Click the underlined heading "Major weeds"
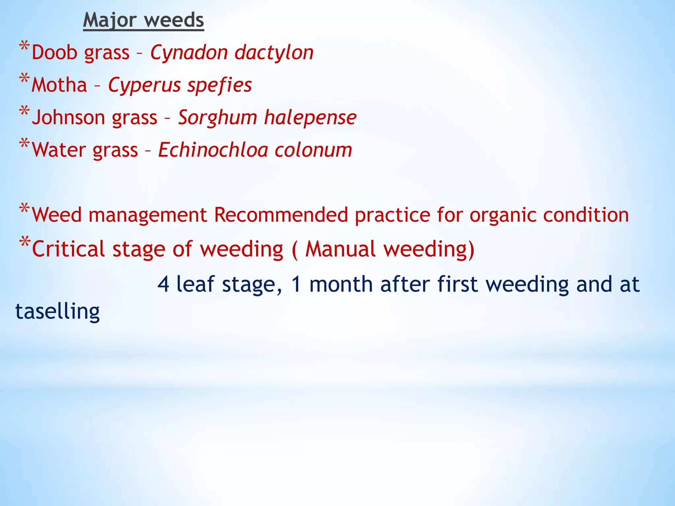tap(143, 20)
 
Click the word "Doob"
tap(54, 52)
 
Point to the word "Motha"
tap(59, 85)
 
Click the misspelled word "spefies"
tap(220, 85)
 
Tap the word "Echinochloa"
tap(213, 150)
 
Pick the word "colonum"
tap(313, 150)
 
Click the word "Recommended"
tap(281, 215)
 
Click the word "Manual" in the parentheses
tap(340, 249)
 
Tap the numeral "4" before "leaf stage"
tap(163, 284)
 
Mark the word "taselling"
tap(57, 311)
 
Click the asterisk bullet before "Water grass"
tap(24, 144)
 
